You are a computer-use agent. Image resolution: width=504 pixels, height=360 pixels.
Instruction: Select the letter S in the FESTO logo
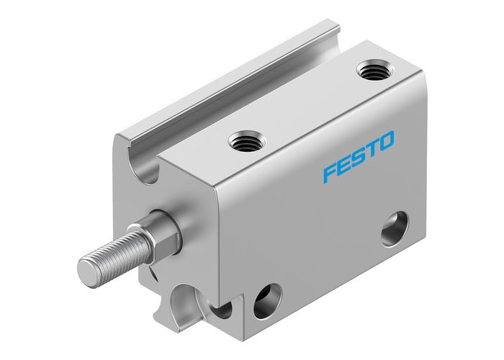tap(361, 156)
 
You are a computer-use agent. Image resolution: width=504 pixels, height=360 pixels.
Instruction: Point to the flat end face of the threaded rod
tap(89, 270)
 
